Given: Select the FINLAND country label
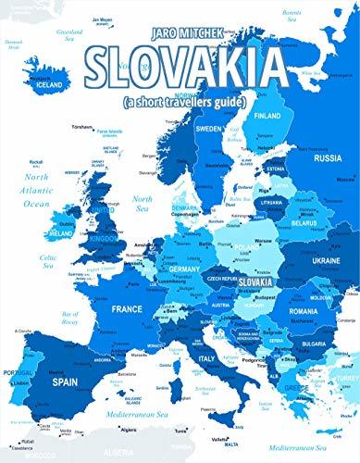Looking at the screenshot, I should tap(268, 116).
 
